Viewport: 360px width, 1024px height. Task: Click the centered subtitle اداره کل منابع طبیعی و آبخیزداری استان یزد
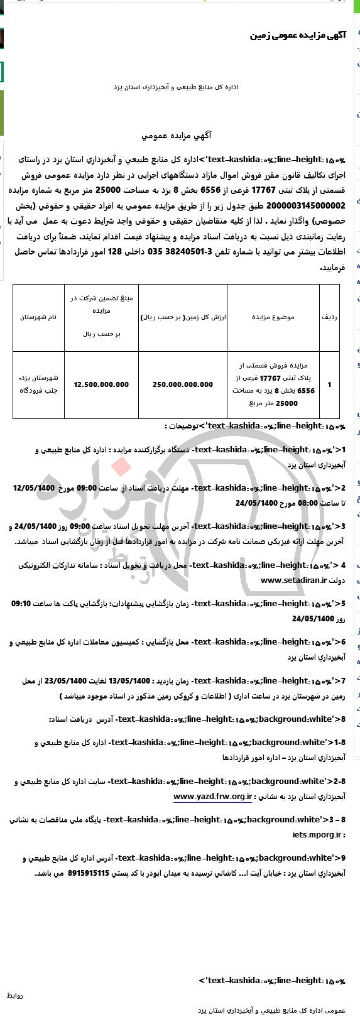[x=180, y=87]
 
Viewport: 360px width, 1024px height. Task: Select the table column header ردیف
[x=329, y=317]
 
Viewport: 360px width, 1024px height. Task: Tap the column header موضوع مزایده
[x=273, y=317]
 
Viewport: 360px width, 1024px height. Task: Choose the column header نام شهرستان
[x=38, y=317]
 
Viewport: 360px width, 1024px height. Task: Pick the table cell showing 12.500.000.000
[x=101, y=384]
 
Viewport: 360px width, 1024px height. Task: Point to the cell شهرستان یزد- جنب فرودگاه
[x=38, y=384]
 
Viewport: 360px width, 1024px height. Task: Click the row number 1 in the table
[x=329, y=384]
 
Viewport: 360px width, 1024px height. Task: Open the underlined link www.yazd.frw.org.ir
[x=212, y=797]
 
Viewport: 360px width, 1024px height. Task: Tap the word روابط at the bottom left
[x=15, y=996]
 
